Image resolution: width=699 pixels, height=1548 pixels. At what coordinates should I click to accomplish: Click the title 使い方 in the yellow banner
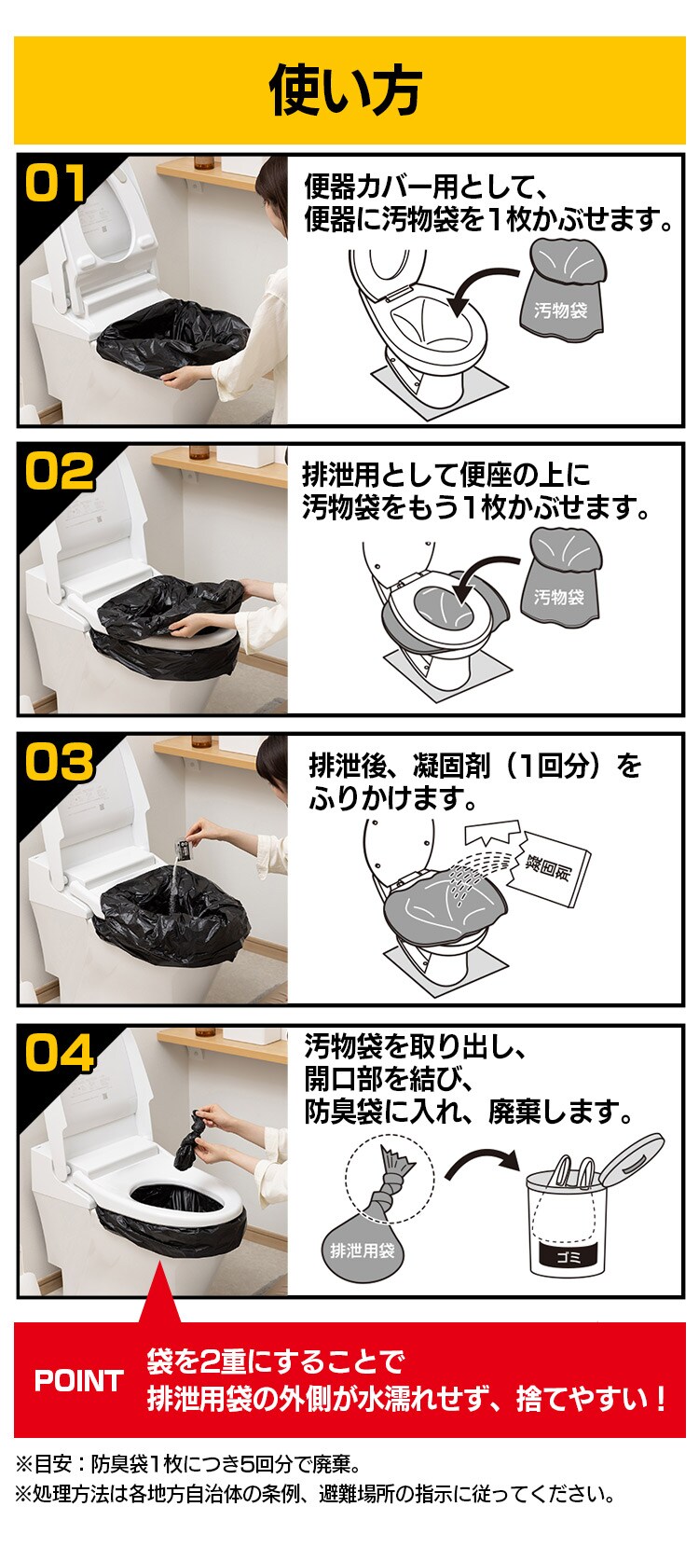346,90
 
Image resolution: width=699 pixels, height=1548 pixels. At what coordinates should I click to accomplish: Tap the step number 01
57,184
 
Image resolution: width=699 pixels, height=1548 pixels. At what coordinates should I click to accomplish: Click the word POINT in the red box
78,1380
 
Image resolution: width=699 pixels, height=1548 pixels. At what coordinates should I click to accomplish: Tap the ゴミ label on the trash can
569,1255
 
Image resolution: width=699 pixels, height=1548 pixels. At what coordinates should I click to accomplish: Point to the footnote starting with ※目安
186,1463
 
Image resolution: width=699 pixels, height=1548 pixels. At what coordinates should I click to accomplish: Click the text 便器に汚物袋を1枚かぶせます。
489,220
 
